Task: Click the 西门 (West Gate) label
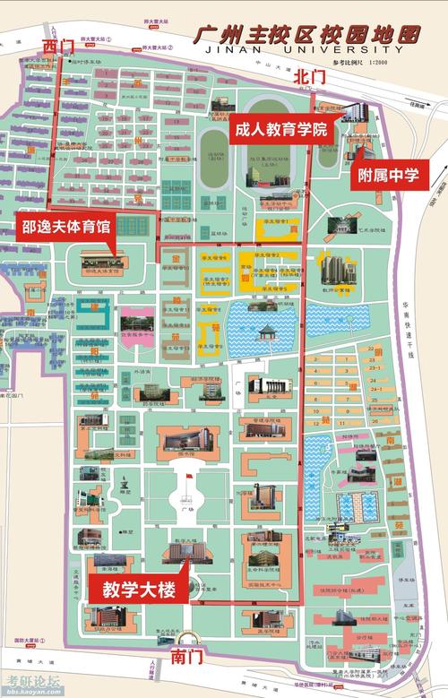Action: (x=58, y=43)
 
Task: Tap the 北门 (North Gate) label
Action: (x=309, y=79)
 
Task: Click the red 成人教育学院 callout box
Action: (x=280, y=130)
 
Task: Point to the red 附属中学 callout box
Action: (x=388, y=175)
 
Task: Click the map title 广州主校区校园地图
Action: (x=307, y=36)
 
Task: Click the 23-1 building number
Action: (x=375, y=368)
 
